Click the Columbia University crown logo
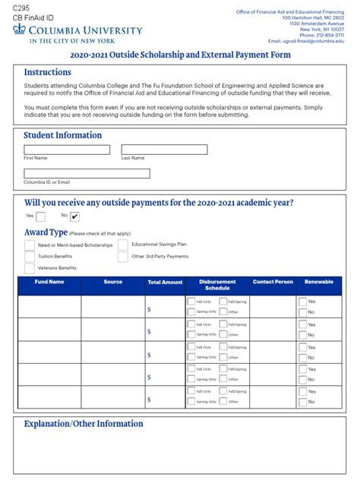pos(20,30)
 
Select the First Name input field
pos(67,150)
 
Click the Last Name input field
pos(164,150)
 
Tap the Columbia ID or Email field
pos(87,173)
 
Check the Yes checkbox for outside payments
pos(40,216)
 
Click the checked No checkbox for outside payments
pos(75,216)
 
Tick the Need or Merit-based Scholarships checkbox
pos(30,245)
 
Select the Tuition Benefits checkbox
pos(30,257)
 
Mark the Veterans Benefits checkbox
pos(30,268)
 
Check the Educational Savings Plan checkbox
pos(122,245)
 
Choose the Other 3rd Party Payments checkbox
pos(122,257)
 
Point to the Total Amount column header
pos(165,282)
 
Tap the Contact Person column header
pos(273,282)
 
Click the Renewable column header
pos(318,282)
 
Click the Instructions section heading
pos(47,72)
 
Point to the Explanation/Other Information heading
pos(84,424)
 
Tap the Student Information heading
pos(62,135)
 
